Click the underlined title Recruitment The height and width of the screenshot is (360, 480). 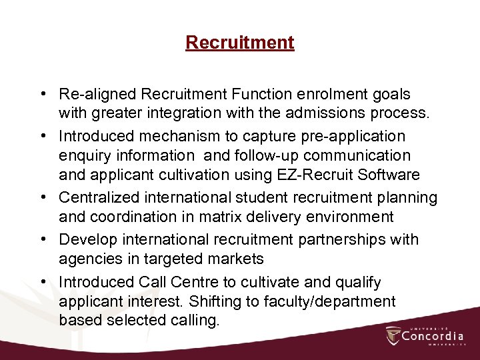(240, 43)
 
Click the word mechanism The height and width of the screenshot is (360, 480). (178, 136)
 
